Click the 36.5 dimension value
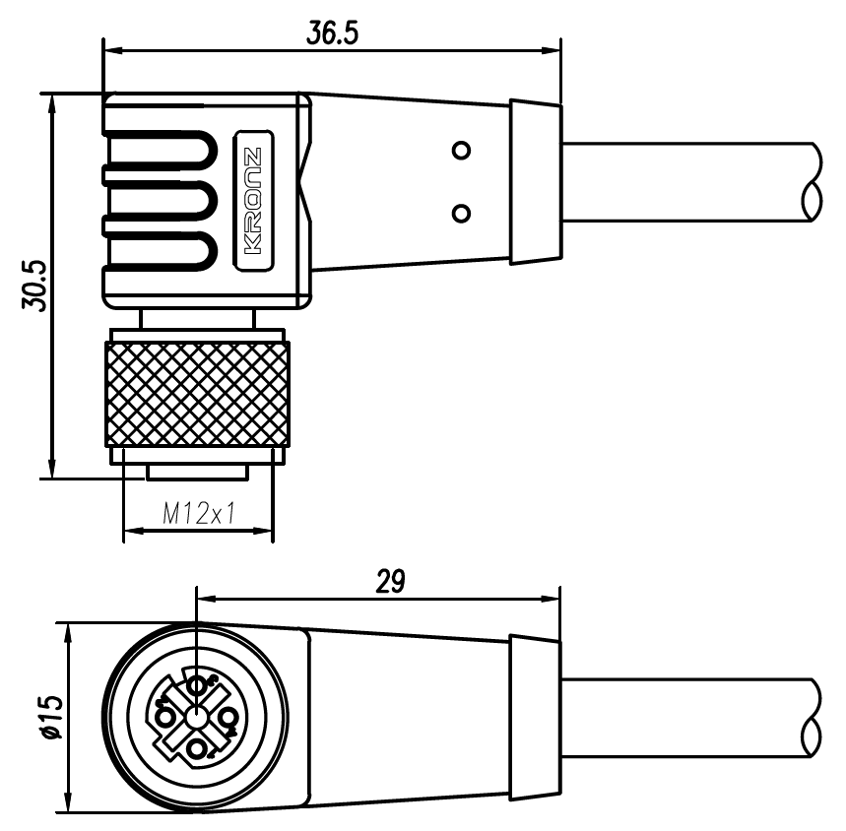point(332,33)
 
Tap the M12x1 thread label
point(197,513)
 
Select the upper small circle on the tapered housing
point(459,151)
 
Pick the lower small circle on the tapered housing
point(459,212)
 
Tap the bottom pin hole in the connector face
point(200,749)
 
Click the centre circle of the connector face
point(198,716)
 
